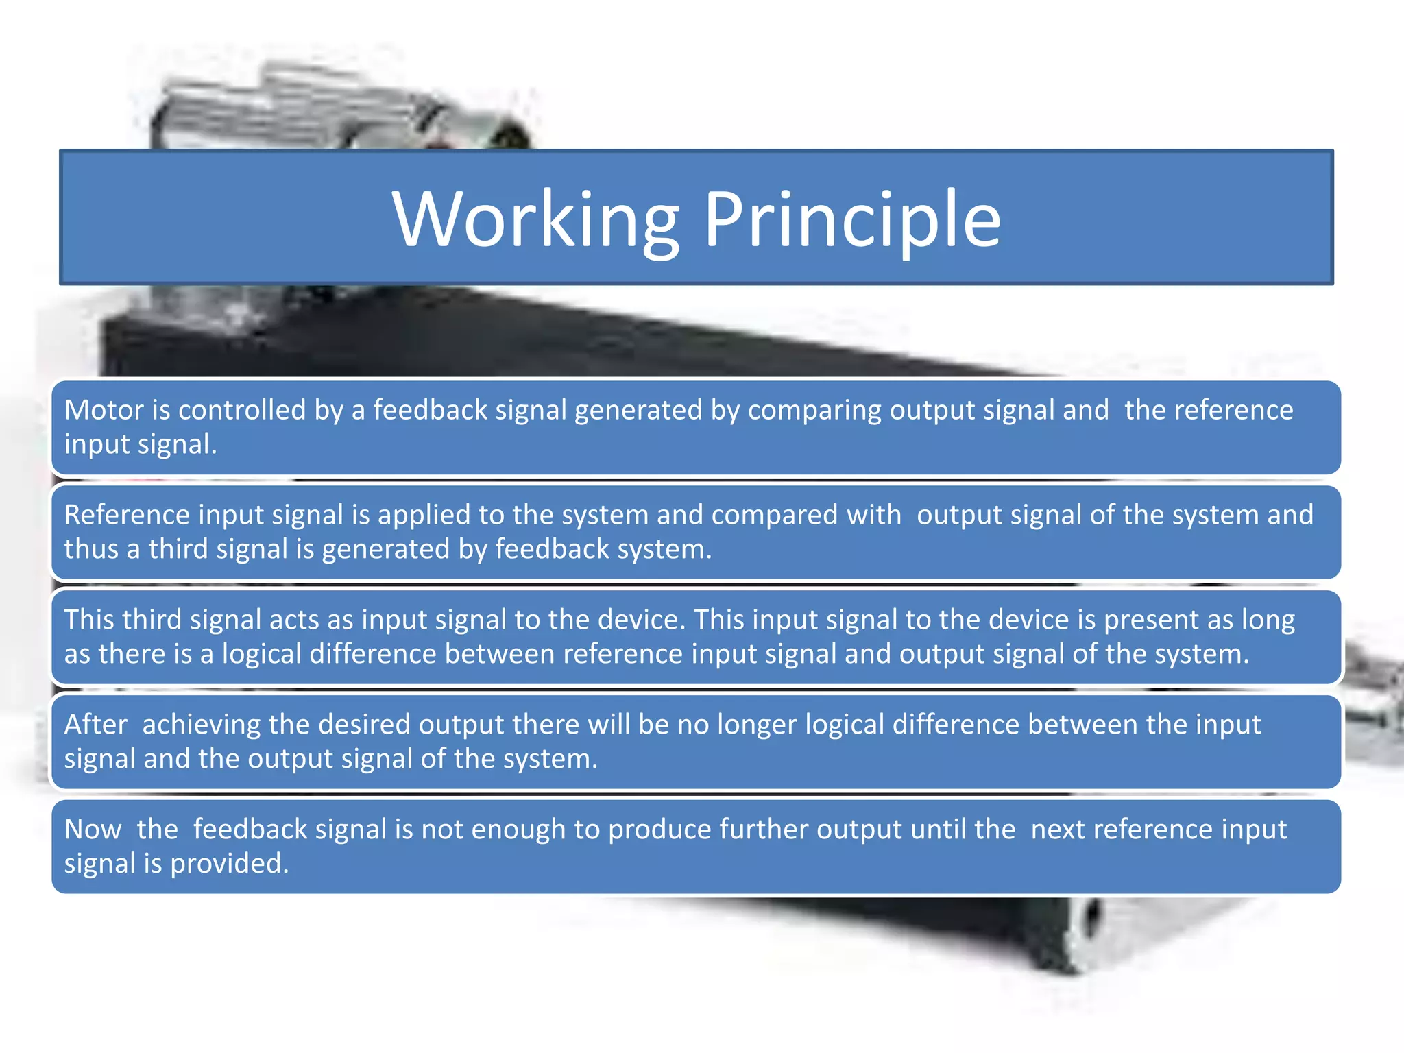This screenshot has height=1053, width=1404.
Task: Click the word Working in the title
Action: point(536,219)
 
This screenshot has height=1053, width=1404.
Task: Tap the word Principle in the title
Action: point(852,219)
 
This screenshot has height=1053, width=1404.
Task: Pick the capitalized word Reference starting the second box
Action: point(127,515)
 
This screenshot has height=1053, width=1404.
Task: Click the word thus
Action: point(91,549)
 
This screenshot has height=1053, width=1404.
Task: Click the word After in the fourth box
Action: point(96,725)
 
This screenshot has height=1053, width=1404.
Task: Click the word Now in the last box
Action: point(93,830)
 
